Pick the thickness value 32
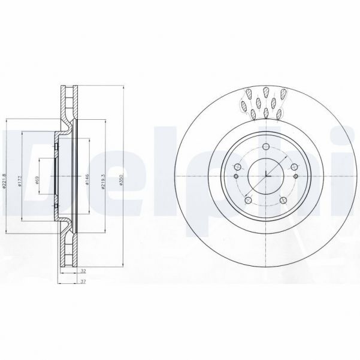(82, 271)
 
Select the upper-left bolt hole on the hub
(237, 167)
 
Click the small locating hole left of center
(236, 177)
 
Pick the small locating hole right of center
(295, 177)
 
